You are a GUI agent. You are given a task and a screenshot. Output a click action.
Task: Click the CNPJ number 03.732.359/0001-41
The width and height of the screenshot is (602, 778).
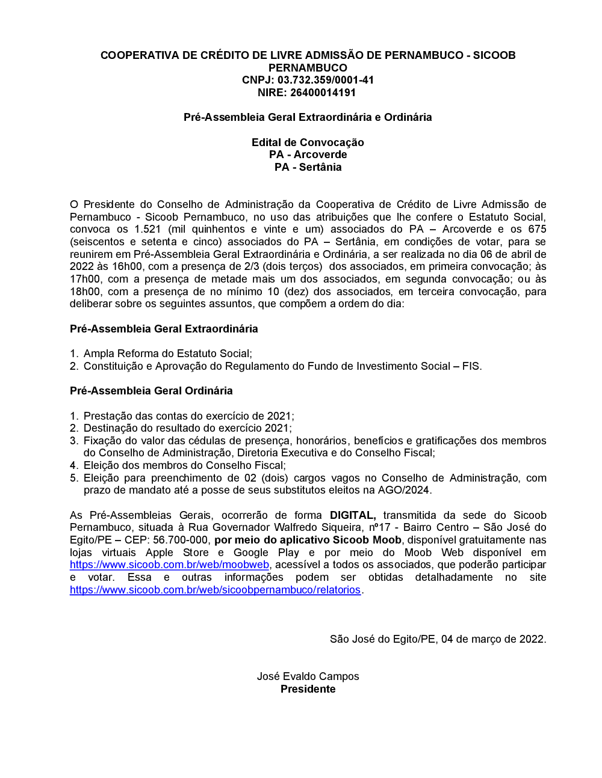click(x=325, y=80)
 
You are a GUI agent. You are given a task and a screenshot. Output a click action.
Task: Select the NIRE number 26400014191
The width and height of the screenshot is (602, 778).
click(x=324, y=93)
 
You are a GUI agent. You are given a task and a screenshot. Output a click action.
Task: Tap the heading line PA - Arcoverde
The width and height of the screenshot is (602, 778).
click(x=308, y=155)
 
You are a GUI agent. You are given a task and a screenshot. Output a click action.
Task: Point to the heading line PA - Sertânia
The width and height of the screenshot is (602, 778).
click(x=308, y=167)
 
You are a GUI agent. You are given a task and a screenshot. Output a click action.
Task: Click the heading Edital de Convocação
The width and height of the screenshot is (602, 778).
click(x=308, y=142)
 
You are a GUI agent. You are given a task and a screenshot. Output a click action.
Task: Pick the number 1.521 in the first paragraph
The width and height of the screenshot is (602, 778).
click(x=147, y=229)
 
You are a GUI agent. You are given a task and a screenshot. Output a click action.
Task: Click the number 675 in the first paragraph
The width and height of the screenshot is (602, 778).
click(x=537, y=229)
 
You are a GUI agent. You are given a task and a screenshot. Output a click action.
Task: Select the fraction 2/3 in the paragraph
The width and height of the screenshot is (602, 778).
click(x=252, y=266)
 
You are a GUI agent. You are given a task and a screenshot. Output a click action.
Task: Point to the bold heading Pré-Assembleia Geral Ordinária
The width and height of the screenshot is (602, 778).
click(x=151, y=391)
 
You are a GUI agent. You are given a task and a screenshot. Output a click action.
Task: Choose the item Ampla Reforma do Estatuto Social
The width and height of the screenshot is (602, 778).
click(x=167, y=354)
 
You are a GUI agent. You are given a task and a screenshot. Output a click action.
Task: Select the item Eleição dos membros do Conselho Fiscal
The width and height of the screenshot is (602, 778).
click(x=184, y=465)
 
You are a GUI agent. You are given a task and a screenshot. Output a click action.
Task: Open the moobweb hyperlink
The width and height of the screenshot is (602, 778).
click(x=169, y=565)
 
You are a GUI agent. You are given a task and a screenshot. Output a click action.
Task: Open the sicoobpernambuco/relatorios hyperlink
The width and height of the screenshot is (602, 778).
click(x=215, y=590)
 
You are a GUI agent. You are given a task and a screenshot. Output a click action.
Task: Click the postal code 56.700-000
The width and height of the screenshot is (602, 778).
click(x=181, y=540)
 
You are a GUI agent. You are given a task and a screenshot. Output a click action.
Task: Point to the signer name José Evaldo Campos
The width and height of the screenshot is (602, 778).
click(x=308, y=676)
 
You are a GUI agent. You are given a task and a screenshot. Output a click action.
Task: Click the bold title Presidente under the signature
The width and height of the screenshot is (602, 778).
click(x=308, y=689)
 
